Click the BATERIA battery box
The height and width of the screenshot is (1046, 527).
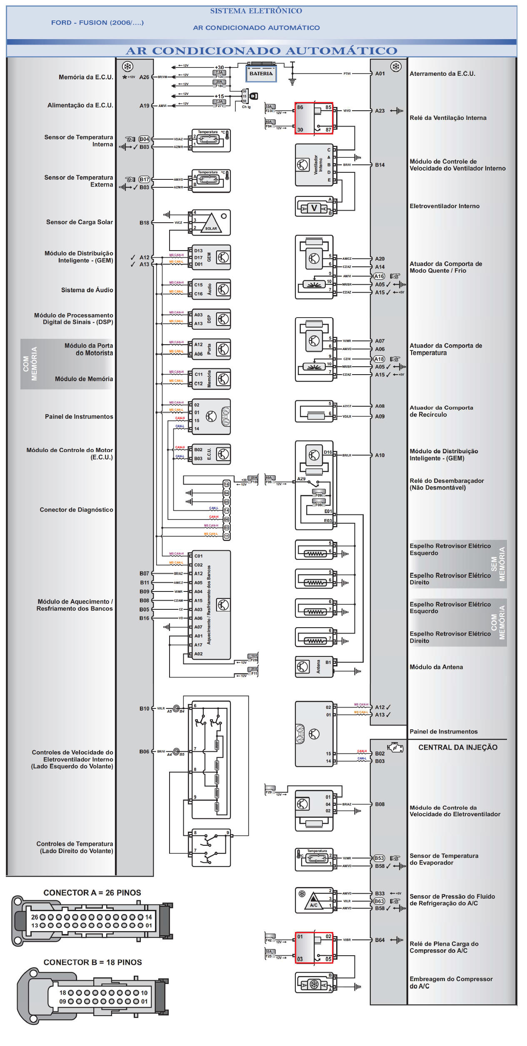(261, 74)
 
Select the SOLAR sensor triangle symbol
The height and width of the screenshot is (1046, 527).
(211, 224)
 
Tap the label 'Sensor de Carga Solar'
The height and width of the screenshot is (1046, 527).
(80, 222)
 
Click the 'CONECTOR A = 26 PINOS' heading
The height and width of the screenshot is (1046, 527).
(92, 893)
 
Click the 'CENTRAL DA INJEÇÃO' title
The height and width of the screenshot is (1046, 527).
(458, 748)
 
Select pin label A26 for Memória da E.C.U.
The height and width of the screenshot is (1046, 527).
(144, 77)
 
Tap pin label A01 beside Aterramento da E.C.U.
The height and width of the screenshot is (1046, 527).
(380, 74)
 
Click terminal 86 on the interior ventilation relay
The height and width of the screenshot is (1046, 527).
(300, 107)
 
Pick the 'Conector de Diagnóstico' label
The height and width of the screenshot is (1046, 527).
(76, 510)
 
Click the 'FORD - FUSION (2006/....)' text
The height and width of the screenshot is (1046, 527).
(97, 23)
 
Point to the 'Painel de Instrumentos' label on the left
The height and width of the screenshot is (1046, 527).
(79, 417)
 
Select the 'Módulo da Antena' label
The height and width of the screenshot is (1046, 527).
(436, 667)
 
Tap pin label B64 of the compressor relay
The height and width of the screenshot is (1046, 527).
(380, 940)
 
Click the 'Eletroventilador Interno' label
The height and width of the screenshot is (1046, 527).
(445, 206)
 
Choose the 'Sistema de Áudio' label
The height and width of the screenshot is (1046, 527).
(87, 290)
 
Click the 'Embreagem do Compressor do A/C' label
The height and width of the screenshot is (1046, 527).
(451, 983)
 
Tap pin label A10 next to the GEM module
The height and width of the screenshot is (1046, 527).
(380, 455)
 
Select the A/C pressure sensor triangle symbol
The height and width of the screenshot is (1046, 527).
(313, 902)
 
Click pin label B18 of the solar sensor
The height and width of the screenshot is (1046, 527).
(144, 223)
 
